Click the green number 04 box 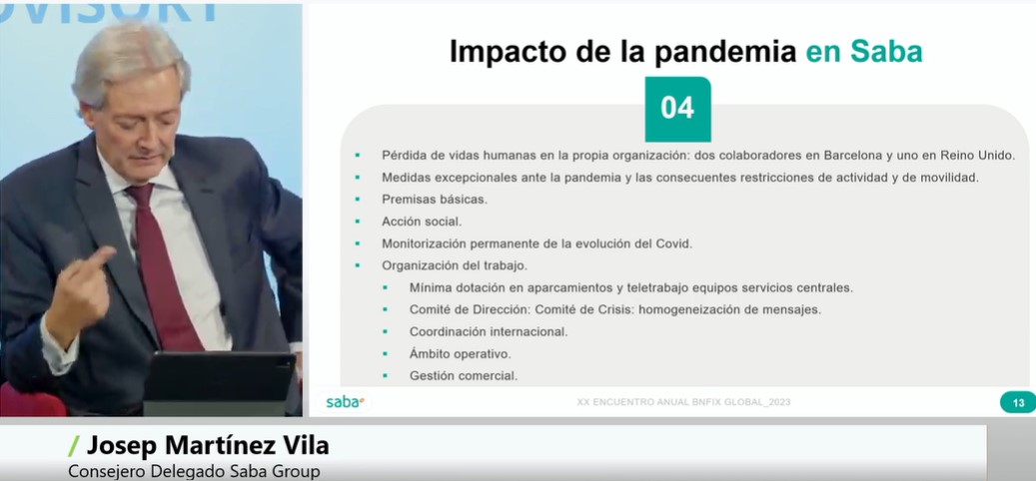pos(677,109)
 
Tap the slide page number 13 pos(1018,403)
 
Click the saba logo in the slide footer pos(346,402)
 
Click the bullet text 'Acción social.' pos(422,221)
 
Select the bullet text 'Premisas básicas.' pos(434,199)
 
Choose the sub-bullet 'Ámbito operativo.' pos(460,353)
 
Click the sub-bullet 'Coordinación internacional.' pos(489,331)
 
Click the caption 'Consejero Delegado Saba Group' pos(195,470)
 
